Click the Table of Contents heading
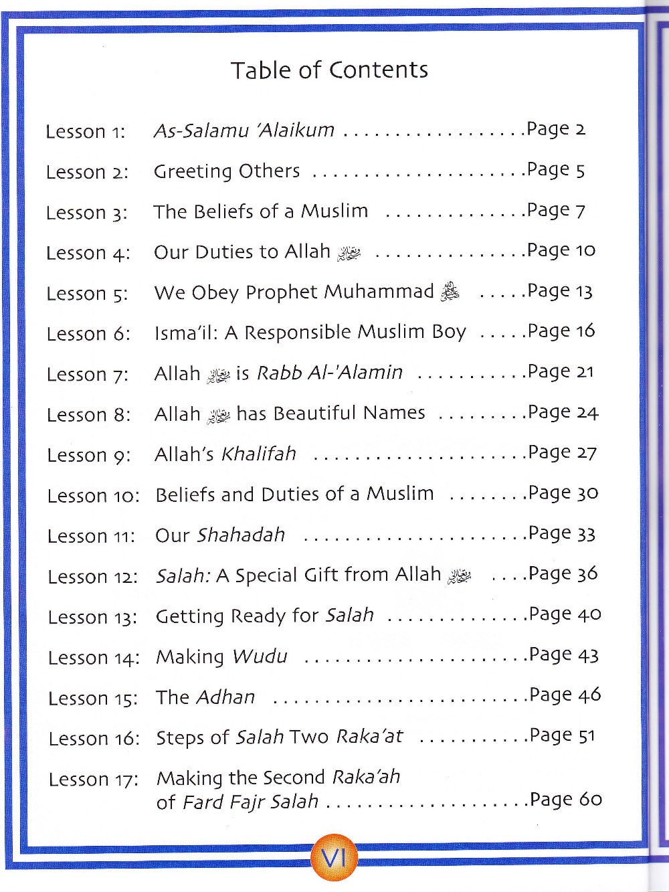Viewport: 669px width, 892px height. click(x=329, y=70)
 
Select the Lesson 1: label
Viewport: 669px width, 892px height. click(x=86, y=132)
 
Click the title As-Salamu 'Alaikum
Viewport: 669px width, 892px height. click(x=244, y=130)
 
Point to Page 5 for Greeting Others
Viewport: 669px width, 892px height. click(x=556, y=170)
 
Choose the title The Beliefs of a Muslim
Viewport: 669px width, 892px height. click(x=261, y=211)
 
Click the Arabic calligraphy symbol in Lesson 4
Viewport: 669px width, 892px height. click(x=349, y=254)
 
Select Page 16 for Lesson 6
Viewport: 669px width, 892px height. click(x=561, y=331)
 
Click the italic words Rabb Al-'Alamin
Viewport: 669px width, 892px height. click(x=330, y=373)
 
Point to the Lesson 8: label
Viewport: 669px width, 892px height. click(x=89, y=415)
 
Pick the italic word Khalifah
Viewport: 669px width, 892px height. click(x=259, y=454)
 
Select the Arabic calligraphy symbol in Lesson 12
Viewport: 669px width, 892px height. click(x=460, y=576)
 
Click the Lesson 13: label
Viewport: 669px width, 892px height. click(x=92, y=618)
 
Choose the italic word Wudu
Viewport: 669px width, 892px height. click(x=259, y=656)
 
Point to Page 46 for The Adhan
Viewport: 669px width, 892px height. click(x=565, y=695)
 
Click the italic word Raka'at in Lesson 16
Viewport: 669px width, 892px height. click(x=370, y=737)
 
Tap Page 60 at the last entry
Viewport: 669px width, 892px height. click(x=566, y=800)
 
